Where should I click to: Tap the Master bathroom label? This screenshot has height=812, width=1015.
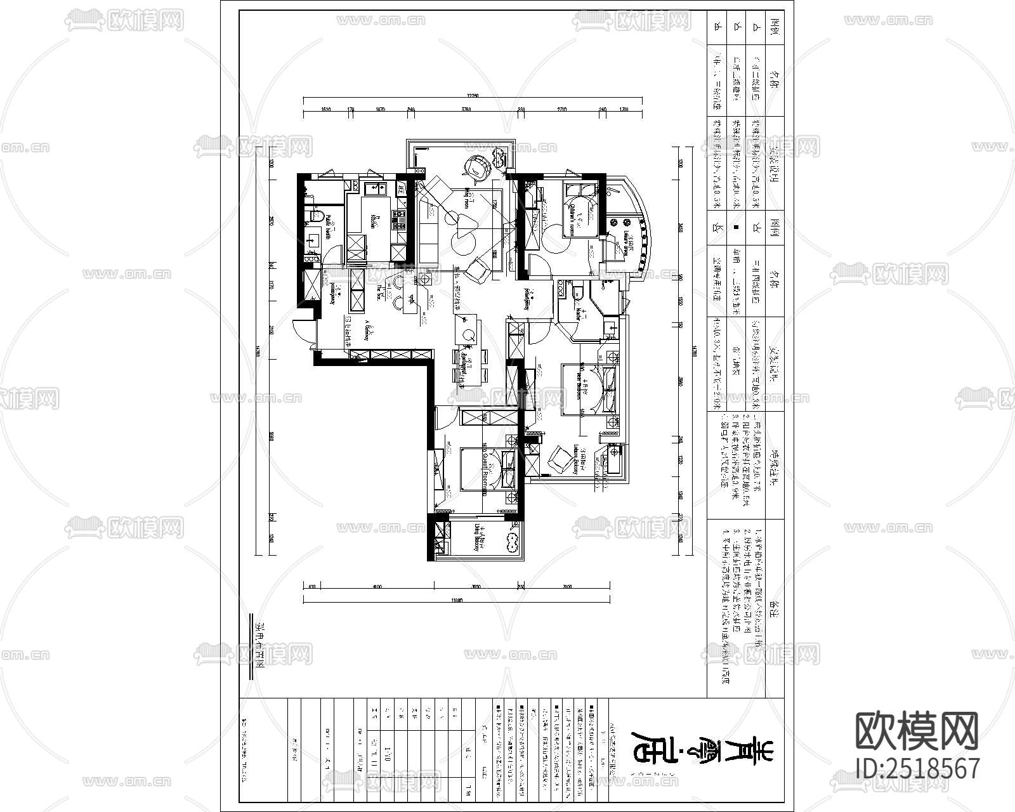[x=579, y=311]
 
